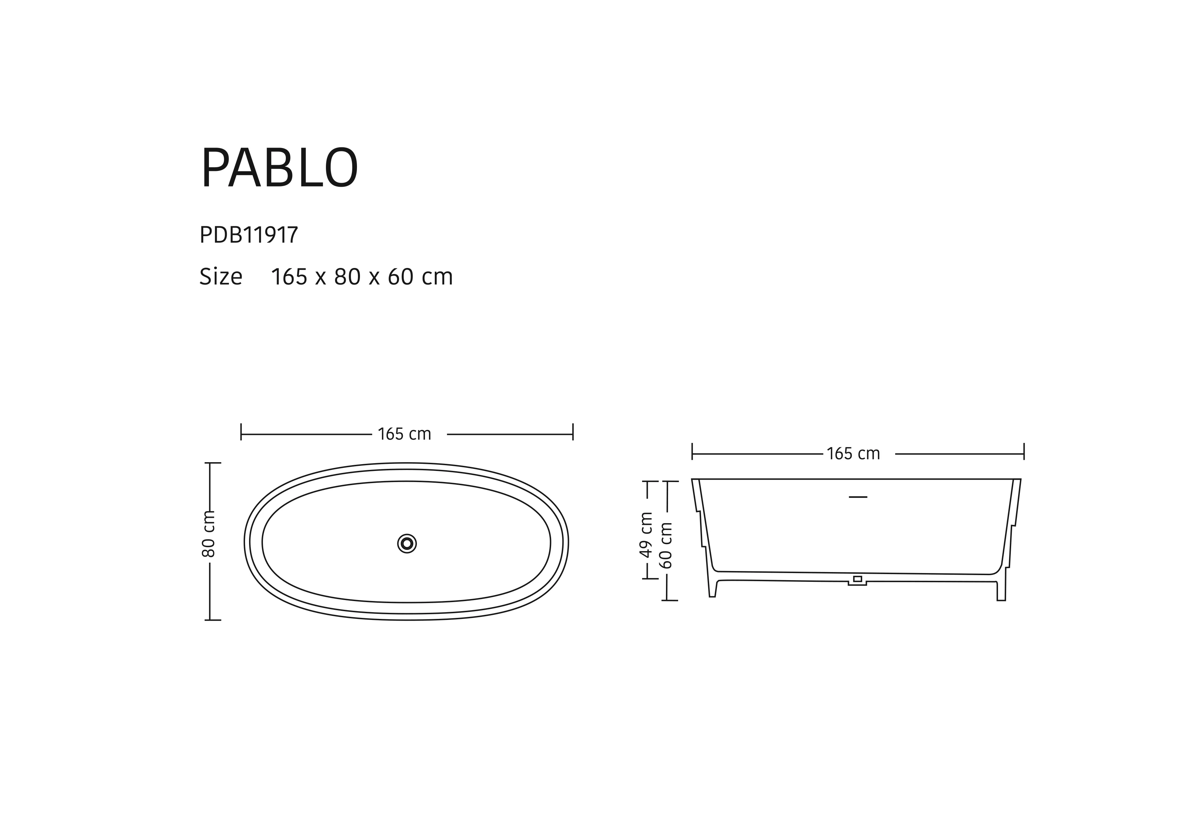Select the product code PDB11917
point(249,235)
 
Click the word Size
point(220,277)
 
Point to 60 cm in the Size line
point(420,277)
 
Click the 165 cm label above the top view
point(404,435)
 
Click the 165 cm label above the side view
point(853,453)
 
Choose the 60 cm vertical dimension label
point(666,545)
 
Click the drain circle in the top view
point(407,544)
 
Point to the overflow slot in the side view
point(858,497)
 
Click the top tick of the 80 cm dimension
point(213,463)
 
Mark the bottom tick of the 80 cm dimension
point(213,620)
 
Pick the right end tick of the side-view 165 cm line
point(1024,451)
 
